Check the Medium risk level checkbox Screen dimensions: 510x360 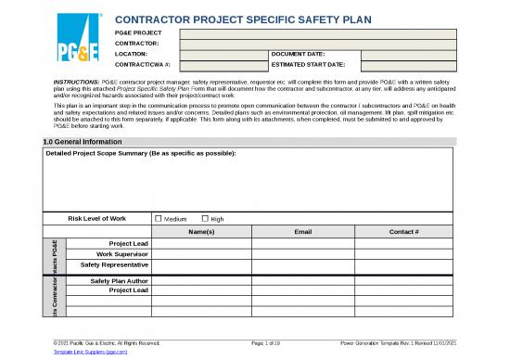pos(158,218)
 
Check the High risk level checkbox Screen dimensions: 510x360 pos(205,218)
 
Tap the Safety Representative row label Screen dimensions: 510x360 pos(115,264)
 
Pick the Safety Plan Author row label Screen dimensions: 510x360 pos(118,279)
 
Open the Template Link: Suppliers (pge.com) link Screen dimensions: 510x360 pos(96,353)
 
